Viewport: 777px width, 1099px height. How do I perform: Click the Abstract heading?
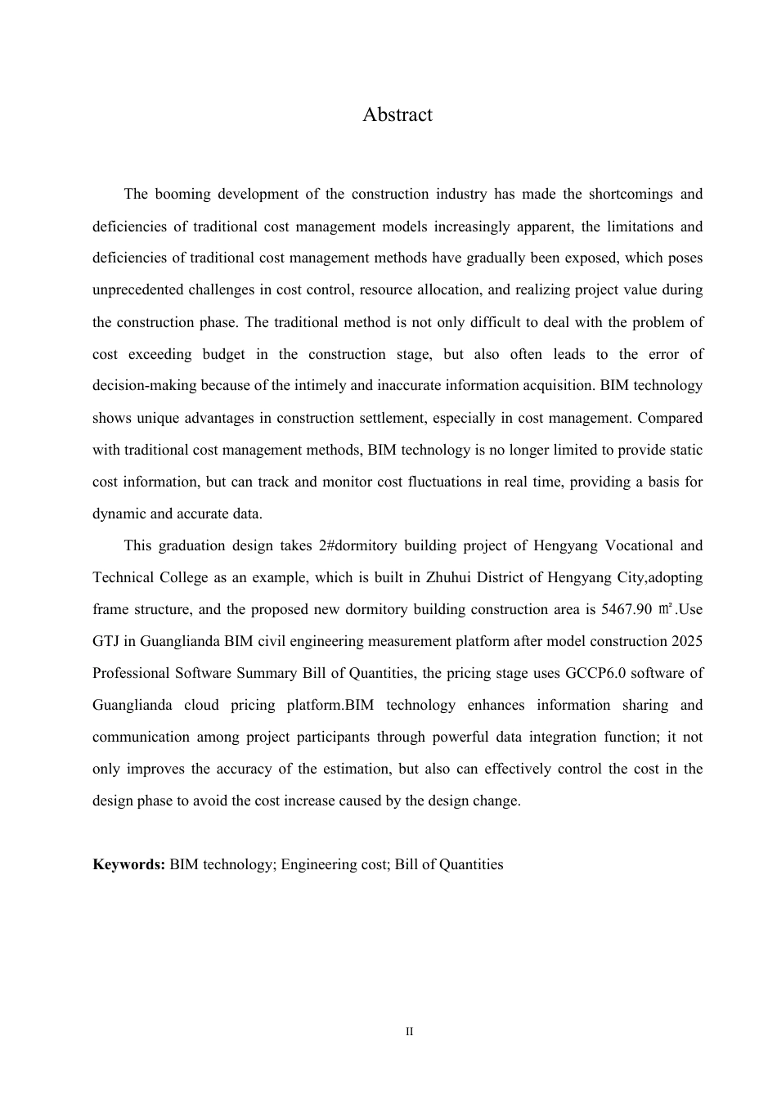coord(397,115)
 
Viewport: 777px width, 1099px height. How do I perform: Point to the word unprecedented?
coord(137,290)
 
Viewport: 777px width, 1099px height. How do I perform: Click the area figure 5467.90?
coord(627,609)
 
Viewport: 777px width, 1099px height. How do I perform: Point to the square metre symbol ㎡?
coord(665,609)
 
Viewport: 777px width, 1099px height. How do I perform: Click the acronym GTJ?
coord(106,641)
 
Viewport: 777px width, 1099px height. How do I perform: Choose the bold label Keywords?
coord(129,864)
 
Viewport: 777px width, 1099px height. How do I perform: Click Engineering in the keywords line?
coord(318,864)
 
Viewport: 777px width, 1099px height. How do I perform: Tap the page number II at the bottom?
coord(410,1032)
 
